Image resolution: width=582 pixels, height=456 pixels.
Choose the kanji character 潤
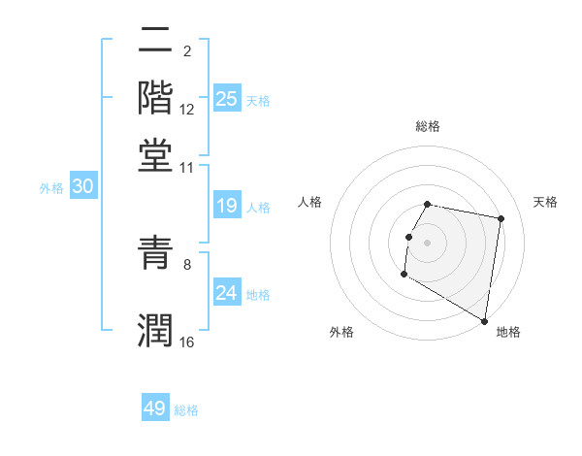click(x=156, y=329)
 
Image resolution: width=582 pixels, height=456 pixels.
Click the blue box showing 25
click(x=227, y=99)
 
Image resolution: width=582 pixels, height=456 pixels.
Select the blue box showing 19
click(x=227, y=206)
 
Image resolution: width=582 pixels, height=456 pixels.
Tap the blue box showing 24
click(x=227, y=293)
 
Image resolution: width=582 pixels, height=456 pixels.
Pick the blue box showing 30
click(x=82, y=187)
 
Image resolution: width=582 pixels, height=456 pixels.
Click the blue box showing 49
click(x=154, y=408)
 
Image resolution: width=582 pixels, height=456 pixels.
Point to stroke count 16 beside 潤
click(x=187, y=342)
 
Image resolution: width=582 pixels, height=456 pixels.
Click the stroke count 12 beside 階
click(x=187, y=109)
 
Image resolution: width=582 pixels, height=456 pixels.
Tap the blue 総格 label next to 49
click(x=186, y=410)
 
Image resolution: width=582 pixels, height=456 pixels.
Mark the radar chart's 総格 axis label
click(x=428, y=126)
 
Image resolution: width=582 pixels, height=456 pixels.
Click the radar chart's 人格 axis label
click(x=310, y=202)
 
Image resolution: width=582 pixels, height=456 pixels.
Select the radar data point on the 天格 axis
click(x=501, y=219)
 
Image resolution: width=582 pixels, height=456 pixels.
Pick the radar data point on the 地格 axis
click(x=485, y=321)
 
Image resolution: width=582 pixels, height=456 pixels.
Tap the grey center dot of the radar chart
click(x=428, y=241)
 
